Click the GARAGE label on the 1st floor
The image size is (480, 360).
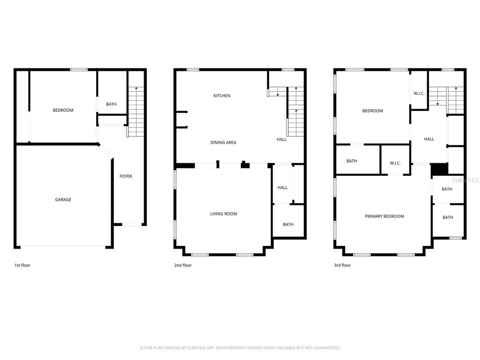click(63, 200)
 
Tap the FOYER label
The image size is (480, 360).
click(126, 176)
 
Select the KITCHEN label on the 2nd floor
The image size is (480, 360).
click(222, 96)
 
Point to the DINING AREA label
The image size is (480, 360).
click(223, 142)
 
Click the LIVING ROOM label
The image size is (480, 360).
click(224, 214)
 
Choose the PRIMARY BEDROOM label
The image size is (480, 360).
click(384, 216)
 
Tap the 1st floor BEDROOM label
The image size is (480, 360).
click(63, 110)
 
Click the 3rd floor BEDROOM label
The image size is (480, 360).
click(373, 111)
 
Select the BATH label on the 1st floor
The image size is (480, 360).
click(111, 105)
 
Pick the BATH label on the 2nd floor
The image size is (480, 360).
click(288, 225)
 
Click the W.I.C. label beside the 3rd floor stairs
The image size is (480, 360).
click(419, 93)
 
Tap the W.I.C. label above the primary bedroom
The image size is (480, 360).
click(395, 163)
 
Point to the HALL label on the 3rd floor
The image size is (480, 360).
click(429, 139)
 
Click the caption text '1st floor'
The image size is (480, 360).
click(22, 265)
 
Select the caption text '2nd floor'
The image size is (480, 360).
click(183, 265)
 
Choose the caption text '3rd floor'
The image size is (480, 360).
click(342, 265)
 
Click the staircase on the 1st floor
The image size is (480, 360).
click(136, 112)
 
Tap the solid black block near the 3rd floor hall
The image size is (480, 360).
click(440, 169)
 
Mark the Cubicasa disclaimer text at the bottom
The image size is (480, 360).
click(240, 348)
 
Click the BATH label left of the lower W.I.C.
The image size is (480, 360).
click(352, 161)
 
